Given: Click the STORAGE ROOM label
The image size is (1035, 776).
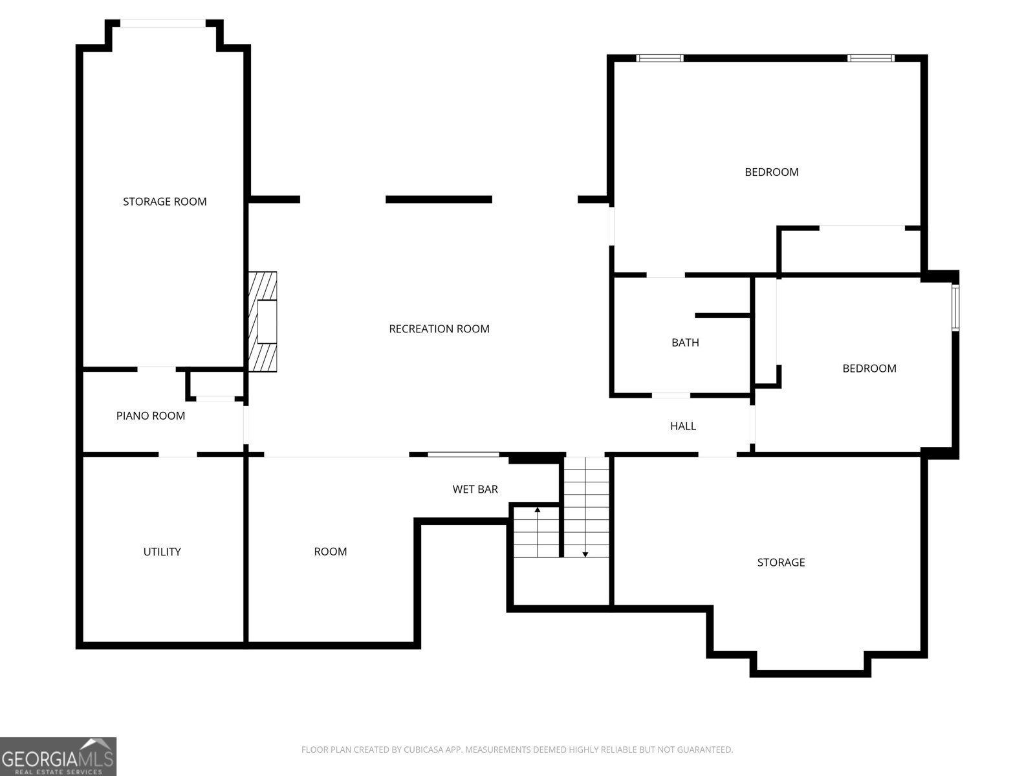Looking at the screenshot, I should pos(165,202).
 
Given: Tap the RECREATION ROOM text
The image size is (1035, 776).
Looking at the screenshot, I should pos(439,329).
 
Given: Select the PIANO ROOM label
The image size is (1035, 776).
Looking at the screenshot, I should pos(151,416).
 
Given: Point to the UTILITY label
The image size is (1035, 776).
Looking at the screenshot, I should pos(162,552).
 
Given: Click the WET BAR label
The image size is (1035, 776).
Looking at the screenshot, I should pos(475,490).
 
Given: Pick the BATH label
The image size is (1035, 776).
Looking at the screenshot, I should pos(685,343).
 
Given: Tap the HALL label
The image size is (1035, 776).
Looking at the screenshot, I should pos(683,426).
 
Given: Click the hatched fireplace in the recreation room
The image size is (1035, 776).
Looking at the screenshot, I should pos(263,321).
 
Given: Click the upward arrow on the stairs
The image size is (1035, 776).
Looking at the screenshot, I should pos(537,511).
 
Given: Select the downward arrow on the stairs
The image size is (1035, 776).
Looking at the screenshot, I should pos(585,553).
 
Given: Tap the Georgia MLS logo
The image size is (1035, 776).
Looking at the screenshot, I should pos(58,757).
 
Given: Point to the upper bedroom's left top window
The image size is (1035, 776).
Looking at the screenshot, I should pos(659,58).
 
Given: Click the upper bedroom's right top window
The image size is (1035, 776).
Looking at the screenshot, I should pos(871,58).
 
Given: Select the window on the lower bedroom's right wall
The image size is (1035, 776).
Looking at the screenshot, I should pos(955,307).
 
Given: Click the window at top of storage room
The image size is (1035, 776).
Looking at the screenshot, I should pos(164,24).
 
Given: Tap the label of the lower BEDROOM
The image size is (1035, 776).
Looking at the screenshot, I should pos(869,369).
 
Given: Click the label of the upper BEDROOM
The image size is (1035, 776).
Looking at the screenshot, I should pos(771,172).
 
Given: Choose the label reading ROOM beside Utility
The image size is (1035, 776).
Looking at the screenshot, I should pos(330,552).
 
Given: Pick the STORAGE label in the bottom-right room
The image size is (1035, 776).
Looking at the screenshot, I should pos(781,563).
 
